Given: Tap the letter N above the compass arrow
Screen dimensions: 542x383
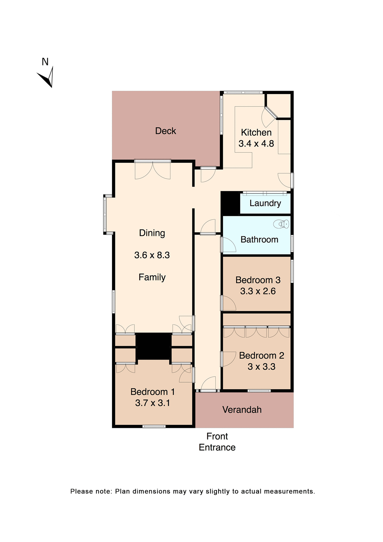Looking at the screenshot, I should point(45,62).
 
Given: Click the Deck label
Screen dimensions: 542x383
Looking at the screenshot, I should point(166,131).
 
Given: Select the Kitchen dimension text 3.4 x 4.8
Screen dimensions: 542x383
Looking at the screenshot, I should point(256,144).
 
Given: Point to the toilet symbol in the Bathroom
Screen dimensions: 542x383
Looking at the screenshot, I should point(281,224).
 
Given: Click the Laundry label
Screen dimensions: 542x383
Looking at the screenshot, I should point(265,203).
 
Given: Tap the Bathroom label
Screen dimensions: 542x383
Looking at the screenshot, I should point(259,240).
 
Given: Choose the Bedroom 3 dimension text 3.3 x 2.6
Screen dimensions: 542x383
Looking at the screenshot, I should point(258,291).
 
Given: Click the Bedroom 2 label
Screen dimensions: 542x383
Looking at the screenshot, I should point(261,356).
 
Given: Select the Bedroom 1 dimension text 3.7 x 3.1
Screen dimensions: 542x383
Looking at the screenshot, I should point(152,403).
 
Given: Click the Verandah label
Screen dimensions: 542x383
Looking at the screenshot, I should point(242,410).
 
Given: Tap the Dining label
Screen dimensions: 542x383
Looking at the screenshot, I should point(152,233).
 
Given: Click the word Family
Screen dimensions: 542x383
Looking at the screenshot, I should point(152,277).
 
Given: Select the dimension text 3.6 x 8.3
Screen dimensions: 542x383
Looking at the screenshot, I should point(152,255).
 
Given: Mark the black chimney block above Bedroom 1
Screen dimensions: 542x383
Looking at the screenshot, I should point(153,346).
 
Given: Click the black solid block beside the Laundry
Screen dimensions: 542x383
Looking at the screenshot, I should point(230,203).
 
